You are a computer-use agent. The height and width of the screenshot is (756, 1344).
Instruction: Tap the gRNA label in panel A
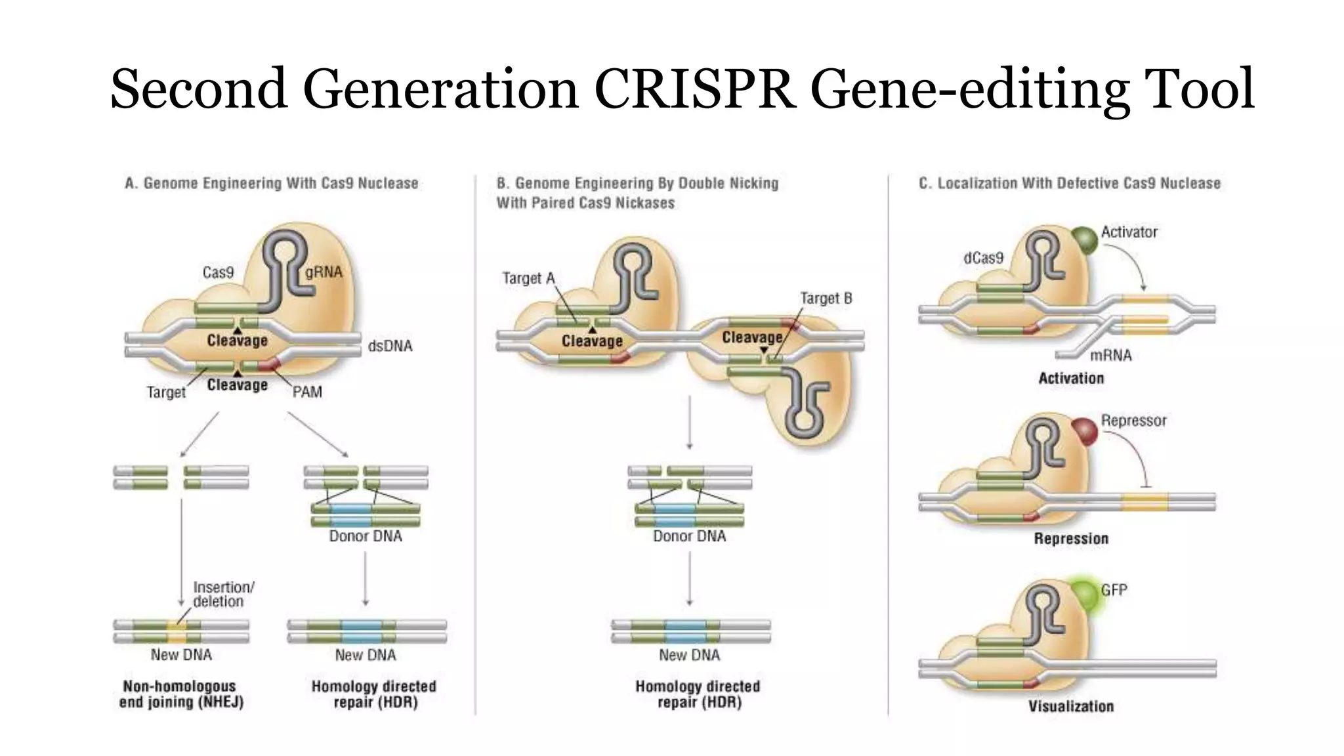coord(324,272)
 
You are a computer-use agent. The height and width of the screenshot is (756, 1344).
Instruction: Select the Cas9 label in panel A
coord(218,272)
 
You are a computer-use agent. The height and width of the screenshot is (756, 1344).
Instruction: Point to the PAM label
coord(307,392)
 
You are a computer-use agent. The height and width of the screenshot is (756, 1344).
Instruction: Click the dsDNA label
coord(390,346)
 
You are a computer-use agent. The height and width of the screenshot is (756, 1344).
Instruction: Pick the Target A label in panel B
coord(528,278)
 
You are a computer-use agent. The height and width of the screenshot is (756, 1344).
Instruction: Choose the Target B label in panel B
coord(826,298)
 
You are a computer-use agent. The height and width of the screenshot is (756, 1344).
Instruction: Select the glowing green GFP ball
coord(1085,595)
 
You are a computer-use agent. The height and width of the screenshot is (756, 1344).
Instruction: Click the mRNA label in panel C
coord(1110,355)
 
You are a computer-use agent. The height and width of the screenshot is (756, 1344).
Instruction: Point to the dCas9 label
coord(983,258)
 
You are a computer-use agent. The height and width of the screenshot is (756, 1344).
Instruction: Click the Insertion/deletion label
coord(223,594)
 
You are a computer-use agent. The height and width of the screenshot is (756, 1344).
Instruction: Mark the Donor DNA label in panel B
coord(689,536)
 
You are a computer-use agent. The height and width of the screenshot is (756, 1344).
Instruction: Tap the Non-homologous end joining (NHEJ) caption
coord(181,694)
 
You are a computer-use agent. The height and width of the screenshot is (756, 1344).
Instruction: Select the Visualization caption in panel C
coord(1070,706)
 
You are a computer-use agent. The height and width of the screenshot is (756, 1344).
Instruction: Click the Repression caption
coord(1070,538)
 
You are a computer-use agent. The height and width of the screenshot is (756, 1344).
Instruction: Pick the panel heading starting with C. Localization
coord(1069,183)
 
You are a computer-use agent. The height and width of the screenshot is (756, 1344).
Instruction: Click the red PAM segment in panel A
coord(270,364)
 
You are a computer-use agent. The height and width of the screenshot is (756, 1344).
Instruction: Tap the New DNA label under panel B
coord(689,654)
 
